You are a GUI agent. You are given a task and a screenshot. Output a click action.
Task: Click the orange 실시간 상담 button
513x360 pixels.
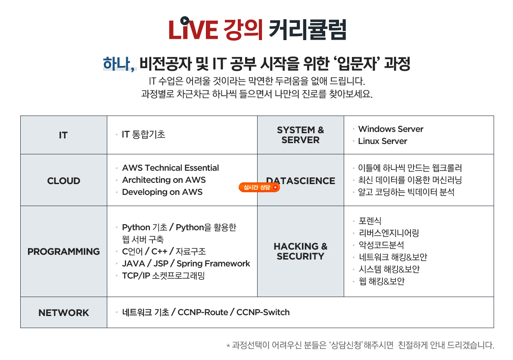[x=259, y=187]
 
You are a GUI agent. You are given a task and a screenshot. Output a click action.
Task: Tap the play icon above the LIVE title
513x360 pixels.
[x=185, y=21]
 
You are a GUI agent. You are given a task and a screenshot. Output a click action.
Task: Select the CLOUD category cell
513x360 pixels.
[x=64, y=181]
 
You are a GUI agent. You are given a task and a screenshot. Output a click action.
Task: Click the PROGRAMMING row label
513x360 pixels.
[x=64, y=251]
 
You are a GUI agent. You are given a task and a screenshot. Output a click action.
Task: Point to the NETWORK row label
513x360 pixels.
[x=64, y=313]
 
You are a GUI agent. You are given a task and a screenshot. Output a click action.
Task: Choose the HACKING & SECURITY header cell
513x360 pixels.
[x=301, y=251]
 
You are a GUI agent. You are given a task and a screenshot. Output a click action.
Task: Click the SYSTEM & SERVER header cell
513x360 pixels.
[x=301, y=135]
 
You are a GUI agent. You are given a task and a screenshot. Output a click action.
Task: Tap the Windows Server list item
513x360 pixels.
[x=391, y=129]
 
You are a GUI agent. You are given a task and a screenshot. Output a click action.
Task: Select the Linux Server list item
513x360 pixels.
[x=382, y=141]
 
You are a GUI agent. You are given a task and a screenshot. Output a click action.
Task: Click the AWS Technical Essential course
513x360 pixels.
[x=171, y=168]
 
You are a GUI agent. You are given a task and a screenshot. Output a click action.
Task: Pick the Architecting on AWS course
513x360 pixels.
[x=164, y=180]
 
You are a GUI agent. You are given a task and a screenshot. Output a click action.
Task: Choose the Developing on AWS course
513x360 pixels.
[x=162, y=192]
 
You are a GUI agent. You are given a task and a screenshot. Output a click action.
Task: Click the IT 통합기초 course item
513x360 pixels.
[x=143, y=135]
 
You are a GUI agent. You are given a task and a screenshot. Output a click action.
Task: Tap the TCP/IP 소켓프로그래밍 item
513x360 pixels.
[x=163, y=275]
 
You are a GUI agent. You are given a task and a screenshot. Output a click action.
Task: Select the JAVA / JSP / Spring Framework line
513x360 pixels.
[x=186, y=263]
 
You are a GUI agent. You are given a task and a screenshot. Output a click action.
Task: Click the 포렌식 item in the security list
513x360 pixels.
[x=370, y=221]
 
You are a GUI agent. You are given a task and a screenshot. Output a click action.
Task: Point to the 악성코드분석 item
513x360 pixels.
[x=382, y=245]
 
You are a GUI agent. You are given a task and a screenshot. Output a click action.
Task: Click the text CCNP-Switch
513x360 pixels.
[x=263, y=312]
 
